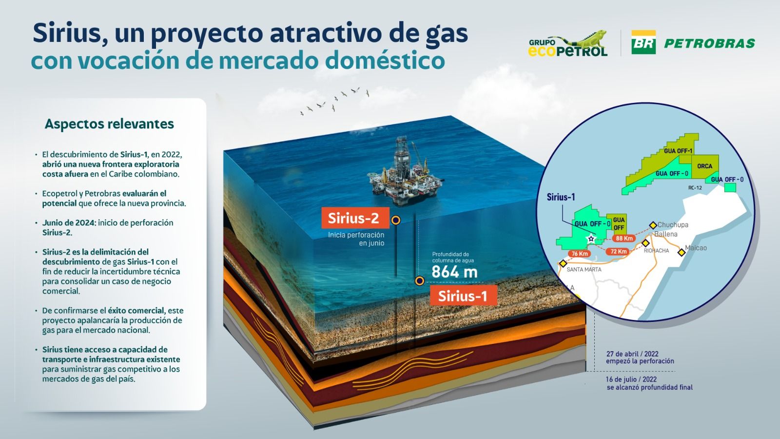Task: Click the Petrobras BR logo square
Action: pyautogui.click(x=643, y=42)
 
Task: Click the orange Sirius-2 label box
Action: pyautogui.click(x=355, y=218)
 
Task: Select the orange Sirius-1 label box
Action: pyautogui.click(x=463, y=296)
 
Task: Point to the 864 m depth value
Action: pyautogui.click(x=454, y=272)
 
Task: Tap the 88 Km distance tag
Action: pyautogui.click(x=624, y=239)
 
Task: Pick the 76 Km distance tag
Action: pyautogui.click(x=580, y=254)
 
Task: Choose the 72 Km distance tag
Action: pyautogui.click(x=619, y=252)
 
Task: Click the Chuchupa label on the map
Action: pyautogui.click(x=673, y=225)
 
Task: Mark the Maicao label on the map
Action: pyautogui.click(x=696, y=248)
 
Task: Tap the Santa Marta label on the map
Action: pyautogui.click(x=584, y=269)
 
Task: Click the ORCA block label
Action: pyautogui.click(x=704, y=166)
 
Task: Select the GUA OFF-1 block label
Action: pyautogui.click(x=678, y=151)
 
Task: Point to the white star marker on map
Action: pyautogui.click(x=591, y=239)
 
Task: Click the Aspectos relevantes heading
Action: pyautogui.click(x=109, y=124)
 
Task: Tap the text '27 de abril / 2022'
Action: pyautogui.click(x=632, y=354)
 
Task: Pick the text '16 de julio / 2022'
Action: pyautogui.click(x=631, y=379)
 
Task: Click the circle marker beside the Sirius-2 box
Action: pyautogui.click(x=396, y=220)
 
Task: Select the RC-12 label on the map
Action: pyautogui.click(x=695, y=188)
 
